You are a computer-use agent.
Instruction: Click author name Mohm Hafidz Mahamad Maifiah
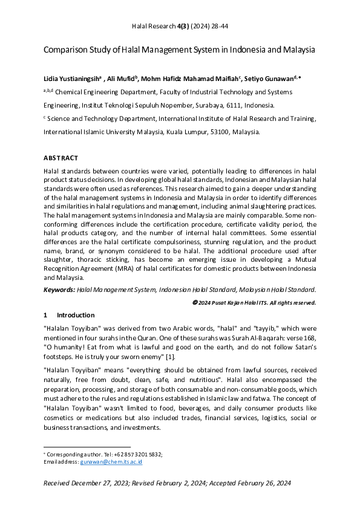[x=191, y=78]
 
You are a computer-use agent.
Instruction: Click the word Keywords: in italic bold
[x=59, y=290]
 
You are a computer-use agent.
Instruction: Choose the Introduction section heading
[x=76, y=315]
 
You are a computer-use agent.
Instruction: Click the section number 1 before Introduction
[x=46, y=315]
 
